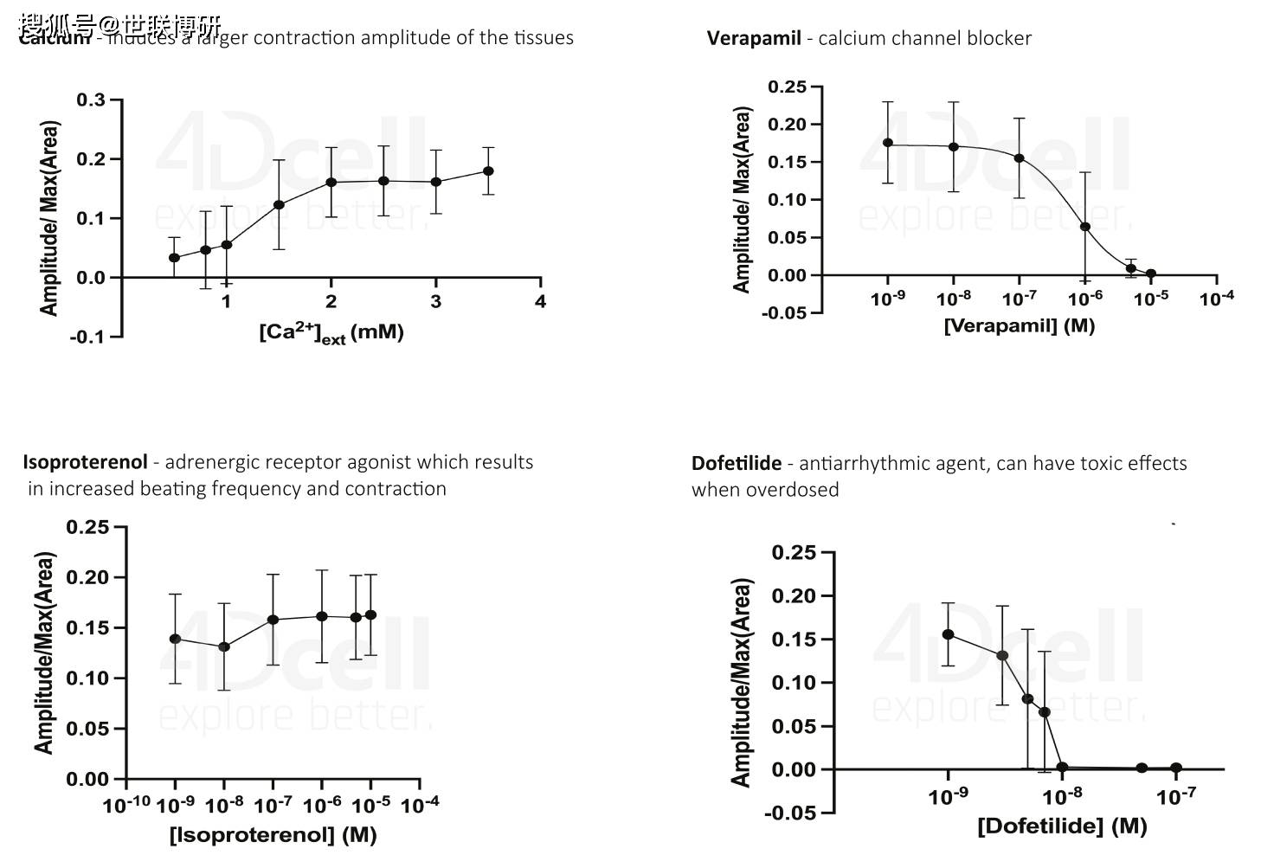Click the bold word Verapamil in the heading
pyautogui.click(x=753, y=38)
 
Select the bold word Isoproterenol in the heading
pyautogui.click(x=85, y=462)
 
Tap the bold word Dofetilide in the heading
pyautogui.click(x=736, y=464)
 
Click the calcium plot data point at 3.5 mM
pyautogui.click(x=488, y=171)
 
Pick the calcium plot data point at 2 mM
pyautogui.click(x=331, y=183)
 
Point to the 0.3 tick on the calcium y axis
pyautogui.click(x=91, y=100)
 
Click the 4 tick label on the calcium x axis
pyautogui.click(x=541, y=301)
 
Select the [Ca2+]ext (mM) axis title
pyautogui.click(x=331, y=332)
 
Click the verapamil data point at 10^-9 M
pyautogui.click(x=888, y=143)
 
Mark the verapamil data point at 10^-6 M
pyautogui.click(x=1085, y=227)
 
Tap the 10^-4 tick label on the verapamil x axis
pyautogui.click(x=1217, y=299)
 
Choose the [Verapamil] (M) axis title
pyautogui.click(x=1019, y=326)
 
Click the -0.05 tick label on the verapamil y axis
pyautogui.click(x=784, y=312)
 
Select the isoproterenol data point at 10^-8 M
pyautogui.click(x=224, y=646)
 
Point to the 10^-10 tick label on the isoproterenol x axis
pyautogui.click(x=126, y=806)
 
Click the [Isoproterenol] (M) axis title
pyautogui.click(x=273, y=835)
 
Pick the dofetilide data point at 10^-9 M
pyautogui.click(x=949, y=634)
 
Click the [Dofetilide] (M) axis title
pyautogui.click(x=1062, y=826)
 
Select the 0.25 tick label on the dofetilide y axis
pyautogui.click(x=794, y=553)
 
